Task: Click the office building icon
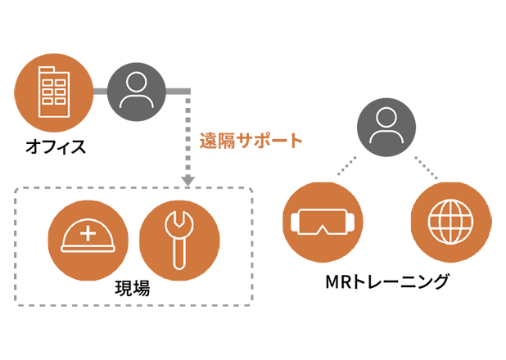coord(55,91)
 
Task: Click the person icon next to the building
coord(135,91)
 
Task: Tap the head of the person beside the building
coord(135,82)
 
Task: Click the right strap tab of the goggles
coord(355,222)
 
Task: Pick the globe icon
coord(449,223)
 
